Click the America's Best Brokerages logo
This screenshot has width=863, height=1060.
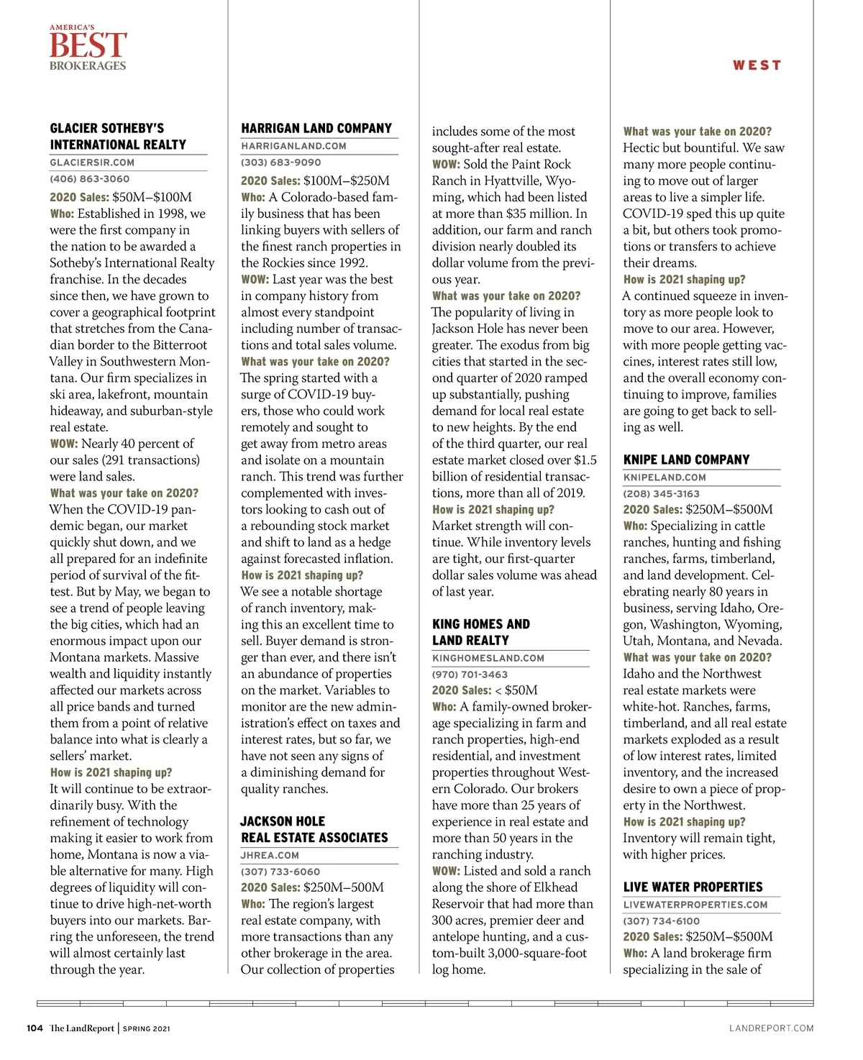(x=88, y=48)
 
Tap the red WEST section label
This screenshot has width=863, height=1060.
(x=757, y=65)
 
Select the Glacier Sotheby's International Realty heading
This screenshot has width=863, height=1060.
(x=118, y=137)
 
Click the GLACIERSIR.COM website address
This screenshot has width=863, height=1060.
(x=92, y=163)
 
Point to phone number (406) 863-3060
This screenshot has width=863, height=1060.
(x=90, y=179)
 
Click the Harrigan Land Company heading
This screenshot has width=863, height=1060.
(x=316, y=129)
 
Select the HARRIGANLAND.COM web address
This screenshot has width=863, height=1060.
(x=293, y=146)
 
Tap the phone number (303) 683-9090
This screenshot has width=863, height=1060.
(x=281, y=163)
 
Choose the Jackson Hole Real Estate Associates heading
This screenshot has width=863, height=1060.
(x=314, y=829)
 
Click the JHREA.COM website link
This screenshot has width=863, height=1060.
(x=270, y=856)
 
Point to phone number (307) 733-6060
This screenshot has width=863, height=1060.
(x=280, y=872)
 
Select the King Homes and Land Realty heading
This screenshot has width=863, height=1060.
(x=481, y=632)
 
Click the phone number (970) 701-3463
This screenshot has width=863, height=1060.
(x=470, y=675)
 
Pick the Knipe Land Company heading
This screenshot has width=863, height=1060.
(x=686, y=460)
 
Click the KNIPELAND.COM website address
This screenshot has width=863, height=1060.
(x=665, y=478)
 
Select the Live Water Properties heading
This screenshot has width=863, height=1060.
(x=693, y=887)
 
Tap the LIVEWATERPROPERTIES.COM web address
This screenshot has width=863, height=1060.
(x=695, y=905)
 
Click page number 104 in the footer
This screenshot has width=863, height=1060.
(x=35, y=1028)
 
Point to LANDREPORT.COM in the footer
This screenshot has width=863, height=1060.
(x=771, y=1028)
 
